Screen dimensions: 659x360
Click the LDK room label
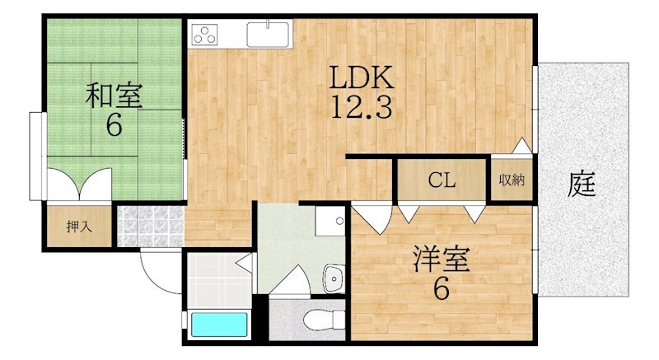[x=362, y=77]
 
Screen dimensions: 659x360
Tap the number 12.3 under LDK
[x=362, y=107]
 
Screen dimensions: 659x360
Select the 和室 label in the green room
[x=114, y=96]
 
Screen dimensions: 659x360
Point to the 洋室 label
[x=441, y=259]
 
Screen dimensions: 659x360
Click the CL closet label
[x=442, y=180]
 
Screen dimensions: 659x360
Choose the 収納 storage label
[x=512, y=180]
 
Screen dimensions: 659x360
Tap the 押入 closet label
[x=79, y=227]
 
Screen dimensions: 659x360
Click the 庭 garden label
[x=582, y=185]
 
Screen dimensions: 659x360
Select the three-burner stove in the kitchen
[x=204, y=35]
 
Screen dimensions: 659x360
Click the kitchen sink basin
[x=269, y=35]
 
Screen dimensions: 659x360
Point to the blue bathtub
[x=219, y=325]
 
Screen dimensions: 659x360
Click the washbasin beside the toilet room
[x=334, y=278]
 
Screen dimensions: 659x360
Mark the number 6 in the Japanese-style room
[x=114, y=124]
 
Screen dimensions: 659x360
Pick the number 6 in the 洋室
[x=442, y=288]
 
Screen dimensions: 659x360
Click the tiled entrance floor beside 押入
[x=151, y=226]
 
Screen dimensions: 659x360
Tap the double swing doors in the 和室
[x=79, y=184]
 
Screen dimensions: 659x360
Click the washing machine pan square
[x=330, y=221]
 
